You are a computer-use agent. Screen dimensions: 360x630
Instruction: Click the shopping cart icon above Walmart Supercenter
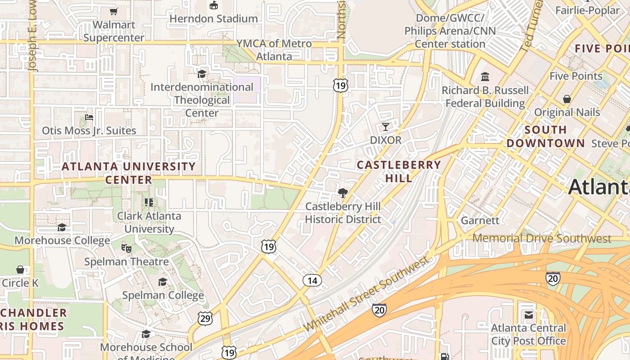click(113, 11)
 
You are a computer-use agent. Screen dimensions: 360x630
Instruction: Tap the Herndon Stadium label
click(213, 18)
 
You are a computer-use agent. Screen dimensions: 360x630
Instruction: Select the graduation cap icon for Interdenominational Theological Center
click(202, 74)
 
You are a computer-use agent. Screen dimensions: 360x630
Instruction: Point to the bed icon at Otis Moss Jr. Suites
click(89, 117)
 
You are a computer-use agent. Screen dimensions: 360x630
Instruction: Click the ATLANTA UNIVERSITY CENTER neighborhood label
click(129, 173)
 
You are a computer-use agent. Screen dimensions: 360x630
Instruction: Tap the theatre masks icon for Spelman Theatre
click(126, 248)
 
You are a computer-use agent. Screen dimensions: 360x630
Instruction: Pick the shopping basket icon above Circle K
click(20, 270)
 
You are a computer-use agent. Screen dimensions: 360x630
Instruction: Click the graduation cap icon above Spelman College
click(162, 282)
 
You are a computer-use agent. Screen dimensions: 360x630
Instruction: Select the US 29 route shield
click(205, 318)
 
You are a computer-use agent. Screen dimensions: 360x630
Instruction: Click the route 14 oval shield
click(312, 281)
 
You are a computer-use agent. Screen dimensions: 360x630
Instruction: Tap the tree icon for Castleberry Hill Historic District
click(343, 193)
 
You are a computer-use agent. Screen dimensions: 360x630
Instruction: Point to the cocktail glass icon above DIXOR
click(385, 126)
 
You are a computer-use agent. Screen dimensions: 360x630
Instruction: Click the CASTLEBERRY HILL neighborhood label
click(399, 171)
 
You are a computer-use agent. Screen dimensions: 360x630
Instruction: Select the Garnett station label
click(480, 220)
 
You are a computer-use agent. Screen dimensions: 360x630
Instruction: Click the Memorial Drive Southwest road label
click(542, 238)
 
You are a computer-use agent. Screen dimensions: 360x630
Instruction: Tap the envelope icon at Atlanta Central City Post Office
click(528, 315)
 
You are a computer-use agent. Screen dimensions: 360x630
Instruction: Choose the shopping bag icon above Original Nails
click(567, 99)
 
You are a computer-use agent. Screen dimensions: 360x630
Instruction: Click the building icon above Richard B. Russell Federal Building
click(485, 76)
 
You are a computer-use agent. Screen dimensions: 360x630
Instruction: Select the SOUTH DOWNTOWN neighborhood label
click(545, 137)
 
